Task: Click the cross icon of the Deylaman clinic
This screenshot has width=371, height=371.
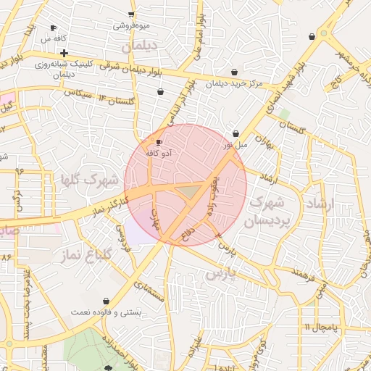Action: (x=64, y=53)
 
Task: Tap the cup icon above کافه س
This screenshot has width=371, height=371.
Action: (x=53, y=28)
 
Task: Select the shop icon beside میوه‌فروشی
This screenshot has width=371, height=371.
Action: (x=130, y=14)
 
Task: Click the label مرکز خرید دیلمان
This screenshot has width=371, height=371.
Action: (x=233, y=83)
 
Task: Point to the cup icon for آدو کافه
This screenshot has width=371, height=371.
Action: (x=159, y=143)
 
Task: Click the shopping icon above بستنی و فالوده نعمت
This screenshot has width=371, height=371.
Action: (x=107, y=301)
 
